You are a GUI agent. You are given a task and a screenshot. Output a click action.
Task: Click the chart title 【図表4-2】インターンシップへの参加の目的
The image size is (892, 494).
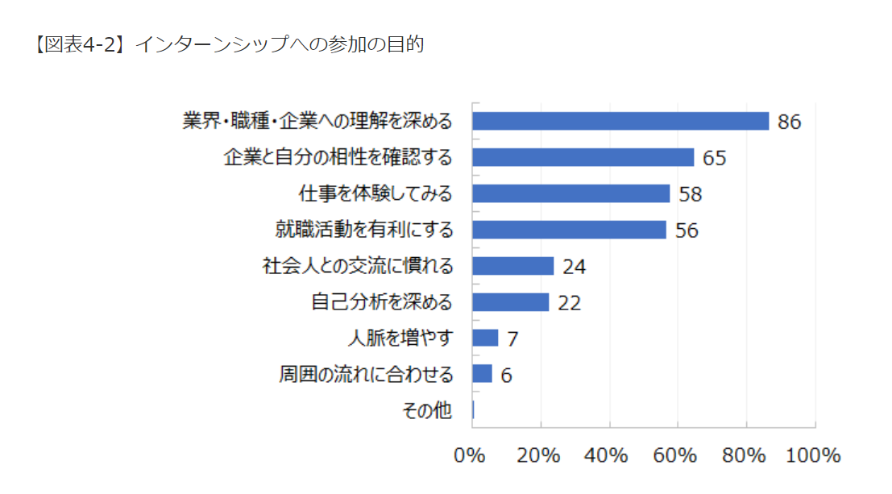click(x=230, y=45)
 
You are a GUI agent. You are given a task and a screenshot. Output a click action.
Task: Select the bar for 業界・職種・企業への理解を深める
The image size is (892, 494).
click(x=620, y=121)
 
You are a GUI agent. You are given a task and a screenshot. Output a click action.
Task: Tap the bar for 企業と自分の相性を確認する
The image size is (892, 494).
click(x=583, y=157)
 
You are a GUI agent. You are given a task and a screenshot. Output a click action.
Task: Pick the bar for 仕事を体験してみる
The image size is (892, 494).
click(x=570, y=193)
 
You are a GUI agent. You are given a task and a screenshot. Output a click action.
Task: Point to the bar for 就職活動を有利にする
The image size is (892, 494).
click(x=569, y=230)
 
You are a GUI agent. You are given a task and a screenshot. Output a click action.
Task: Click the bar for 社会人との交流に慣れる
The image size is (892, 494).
click(x=512, y=266)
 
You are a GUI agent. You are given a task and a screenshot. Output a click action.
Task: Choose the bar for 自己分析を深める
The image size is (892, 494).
click(x=510, y=302)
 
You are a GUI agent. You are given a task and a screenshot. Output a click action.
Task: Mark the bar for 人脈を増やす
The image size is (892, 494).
click(x=485, y=338)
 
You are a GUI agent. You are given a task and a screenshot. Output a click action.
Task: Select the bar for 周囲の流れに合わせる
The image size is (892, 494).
click(x=482, y=374)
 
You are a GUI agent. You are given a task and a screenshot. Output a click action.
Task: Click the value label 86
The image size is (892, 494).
click(x=789, y=122)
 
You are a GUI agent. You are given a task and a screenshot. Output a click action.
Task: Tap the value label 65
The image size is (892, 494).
click(x=714, y=158)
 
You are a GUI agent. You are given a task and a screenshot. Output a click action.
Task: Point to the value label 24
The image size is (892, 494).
click(x=574, y=267)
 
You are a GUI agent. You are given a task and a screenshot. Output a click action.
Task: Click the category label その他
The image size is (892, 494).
click(x=427, y=410)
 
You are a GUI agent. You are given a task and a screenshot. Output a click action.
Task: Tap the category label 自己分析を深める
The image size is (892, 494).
click(x=382, y=302)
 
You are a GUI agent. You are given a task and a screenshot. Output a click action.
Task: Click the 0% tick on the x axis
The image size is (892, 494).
click(x=470, y=455)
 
